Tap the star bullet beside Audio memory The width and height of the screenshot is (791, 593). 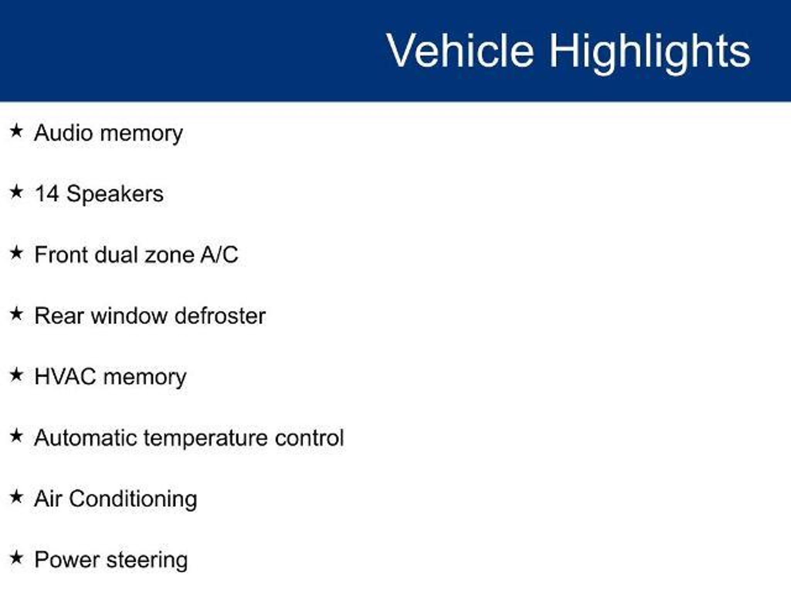point(16,130)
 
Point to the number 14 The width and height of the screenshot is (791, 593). point(47,193)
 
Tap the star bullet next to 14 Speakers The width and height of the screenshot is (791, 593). point(16,191)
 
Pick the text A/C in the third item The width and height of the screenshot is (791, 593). point(219,255)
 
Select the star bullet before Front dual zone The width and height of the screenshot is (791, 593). point(16,252)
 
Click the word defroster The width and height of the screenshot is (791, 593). point(220,316)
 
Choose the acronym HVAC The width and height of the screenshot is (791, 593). point(65,377)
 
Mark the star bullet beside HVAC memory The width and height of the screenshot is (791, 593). point(16,374)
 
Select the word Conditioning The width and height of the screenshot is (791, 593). point(133,500)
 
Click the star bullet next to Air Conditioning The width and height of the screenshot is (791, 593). point(16,496)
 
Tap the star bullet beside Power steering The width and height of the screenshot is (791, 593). point(16,557)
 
